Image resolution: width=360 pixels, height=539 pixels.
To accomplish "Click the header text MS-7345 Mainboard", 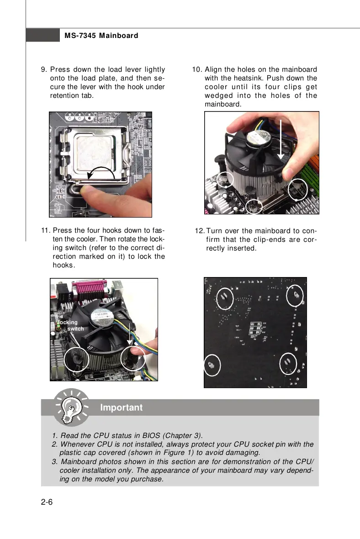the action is click(x=101, y=36).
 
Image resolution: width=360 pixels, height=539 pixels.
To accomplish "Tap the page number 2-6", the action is click(x=47, y=503).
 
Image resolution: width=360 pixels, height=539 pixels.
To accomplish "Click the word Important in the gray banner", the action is click(x=121, y=407).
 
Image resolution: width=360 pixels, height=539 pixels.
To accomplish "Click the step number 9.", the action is click(x=44, y=69).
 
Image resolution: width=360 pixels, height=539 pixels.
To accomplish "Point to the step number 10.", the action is click(x=197, y=69).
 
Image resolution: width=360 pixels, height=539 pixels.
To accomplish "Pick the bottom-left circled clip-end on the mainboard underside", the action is click(x=212, y=366).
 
